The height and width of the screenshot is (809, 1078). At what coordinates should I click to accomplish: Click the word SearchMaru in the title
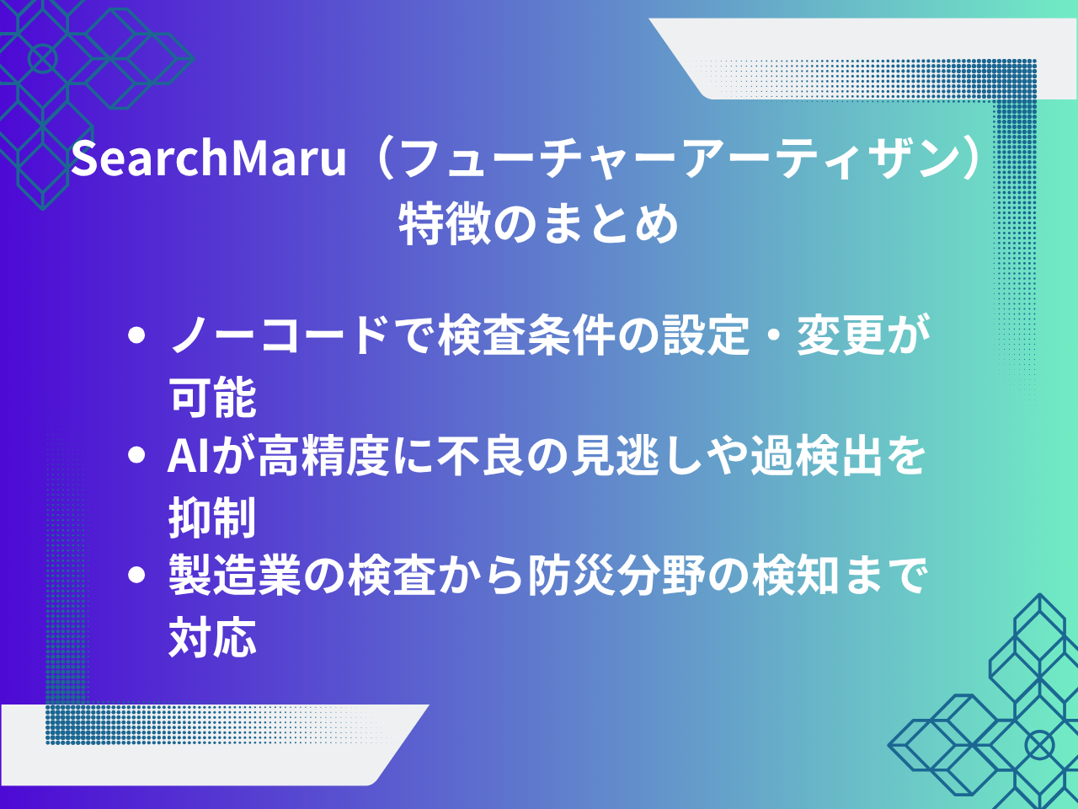209,158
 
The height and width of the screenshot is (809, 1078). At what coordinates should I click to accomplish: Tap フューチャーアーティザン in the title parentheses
678,158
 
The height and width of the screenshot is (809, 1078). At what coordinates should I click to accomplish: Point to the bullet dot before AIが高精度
137,457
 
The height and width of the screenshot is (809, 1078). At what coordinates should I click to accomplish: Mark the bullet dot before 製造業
137,576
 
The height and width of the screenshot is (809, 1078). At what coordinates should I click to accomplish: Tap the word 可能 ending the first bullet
212,396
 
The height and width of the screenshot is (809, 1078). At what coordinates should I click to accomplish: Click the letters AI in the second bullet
188,457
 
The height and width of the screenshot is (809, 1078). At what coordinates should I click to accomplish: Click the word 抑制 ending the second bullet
212,517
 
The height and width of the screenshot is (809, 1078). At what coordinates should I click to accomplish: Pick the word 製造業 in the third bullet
235,576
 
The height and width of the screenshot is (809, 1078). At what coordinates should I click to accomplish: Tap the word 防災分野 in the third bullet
617,576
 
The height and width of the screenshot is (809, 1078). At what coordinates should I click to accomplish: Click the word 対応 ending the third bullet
212,637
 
